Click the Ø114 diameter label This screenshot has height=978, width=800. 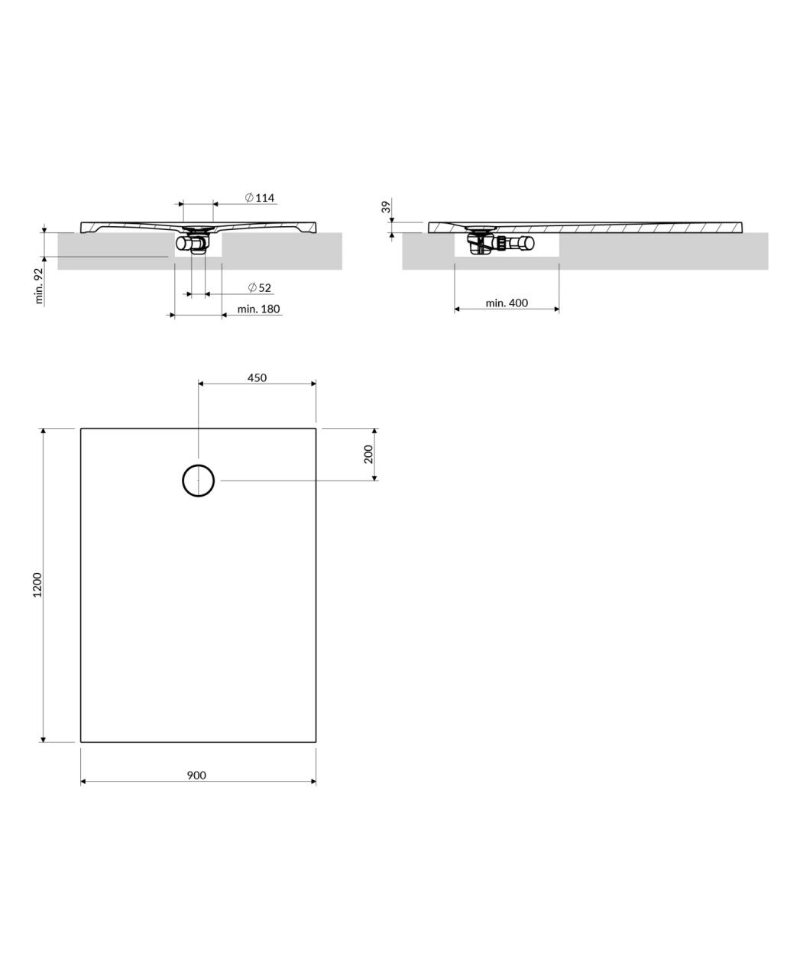pos(260,198)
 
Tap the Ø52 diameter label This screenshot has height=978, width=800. pos(260,288)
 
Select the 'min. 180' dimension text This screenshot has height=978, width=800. pos(259,309)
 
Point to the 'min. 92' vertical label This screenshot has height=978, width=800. pos(39,286)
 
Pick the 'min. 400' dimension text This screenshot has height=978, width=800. pos(507,303)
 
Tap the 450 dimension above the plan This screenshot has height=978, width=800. pos(257,378)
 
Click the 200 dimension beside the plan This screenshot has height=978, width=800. pos(368,455)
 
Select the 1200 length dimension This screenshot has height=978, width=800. pos(37,585)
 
